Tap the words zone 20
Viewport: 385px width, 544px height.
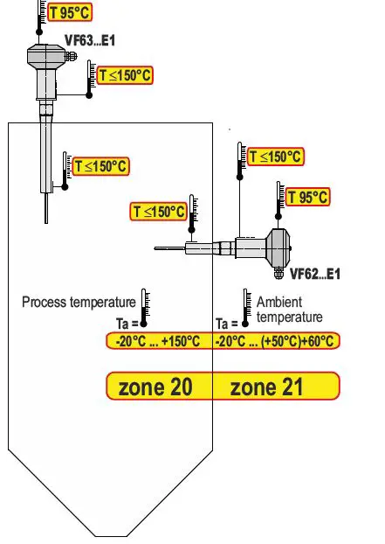click(x=155, y=387)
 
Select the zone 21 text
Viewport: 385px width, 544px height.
click(x=266, y=387)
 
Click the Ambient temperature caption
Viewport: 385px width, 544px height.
click(x=289, y=309)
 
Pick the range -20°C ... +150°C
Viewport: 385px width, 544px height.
click(x=158, y=341)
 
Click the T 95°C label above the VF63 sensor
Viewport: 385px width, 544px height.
click(x=70, y=12)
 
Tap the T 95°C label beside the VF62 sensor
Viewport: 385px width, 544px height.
click(x=307, y=197)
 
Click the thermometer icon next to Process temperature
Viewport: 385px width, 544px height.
click(x=146, y=305)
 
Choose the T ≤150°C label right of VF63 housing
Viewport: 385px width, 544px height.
click(x=125, y=76)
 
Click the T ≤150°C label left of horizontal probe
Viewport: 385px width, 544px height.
click(x=159, y=212)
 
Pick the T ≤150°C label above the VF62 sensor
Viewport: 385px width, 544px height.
click(x=275, y=157)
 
